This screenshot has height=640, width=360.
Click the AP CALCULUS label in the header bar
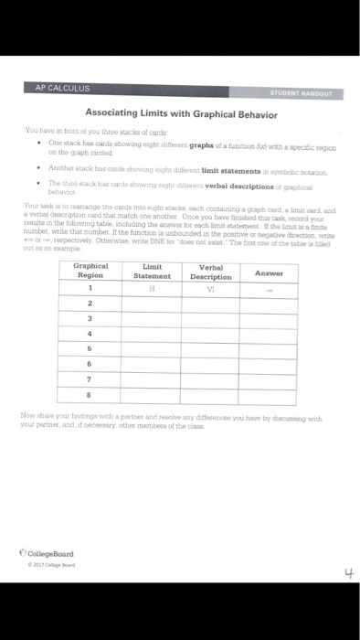(62, 88)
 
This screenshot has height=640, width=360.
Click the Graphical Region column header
(90, 246)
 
